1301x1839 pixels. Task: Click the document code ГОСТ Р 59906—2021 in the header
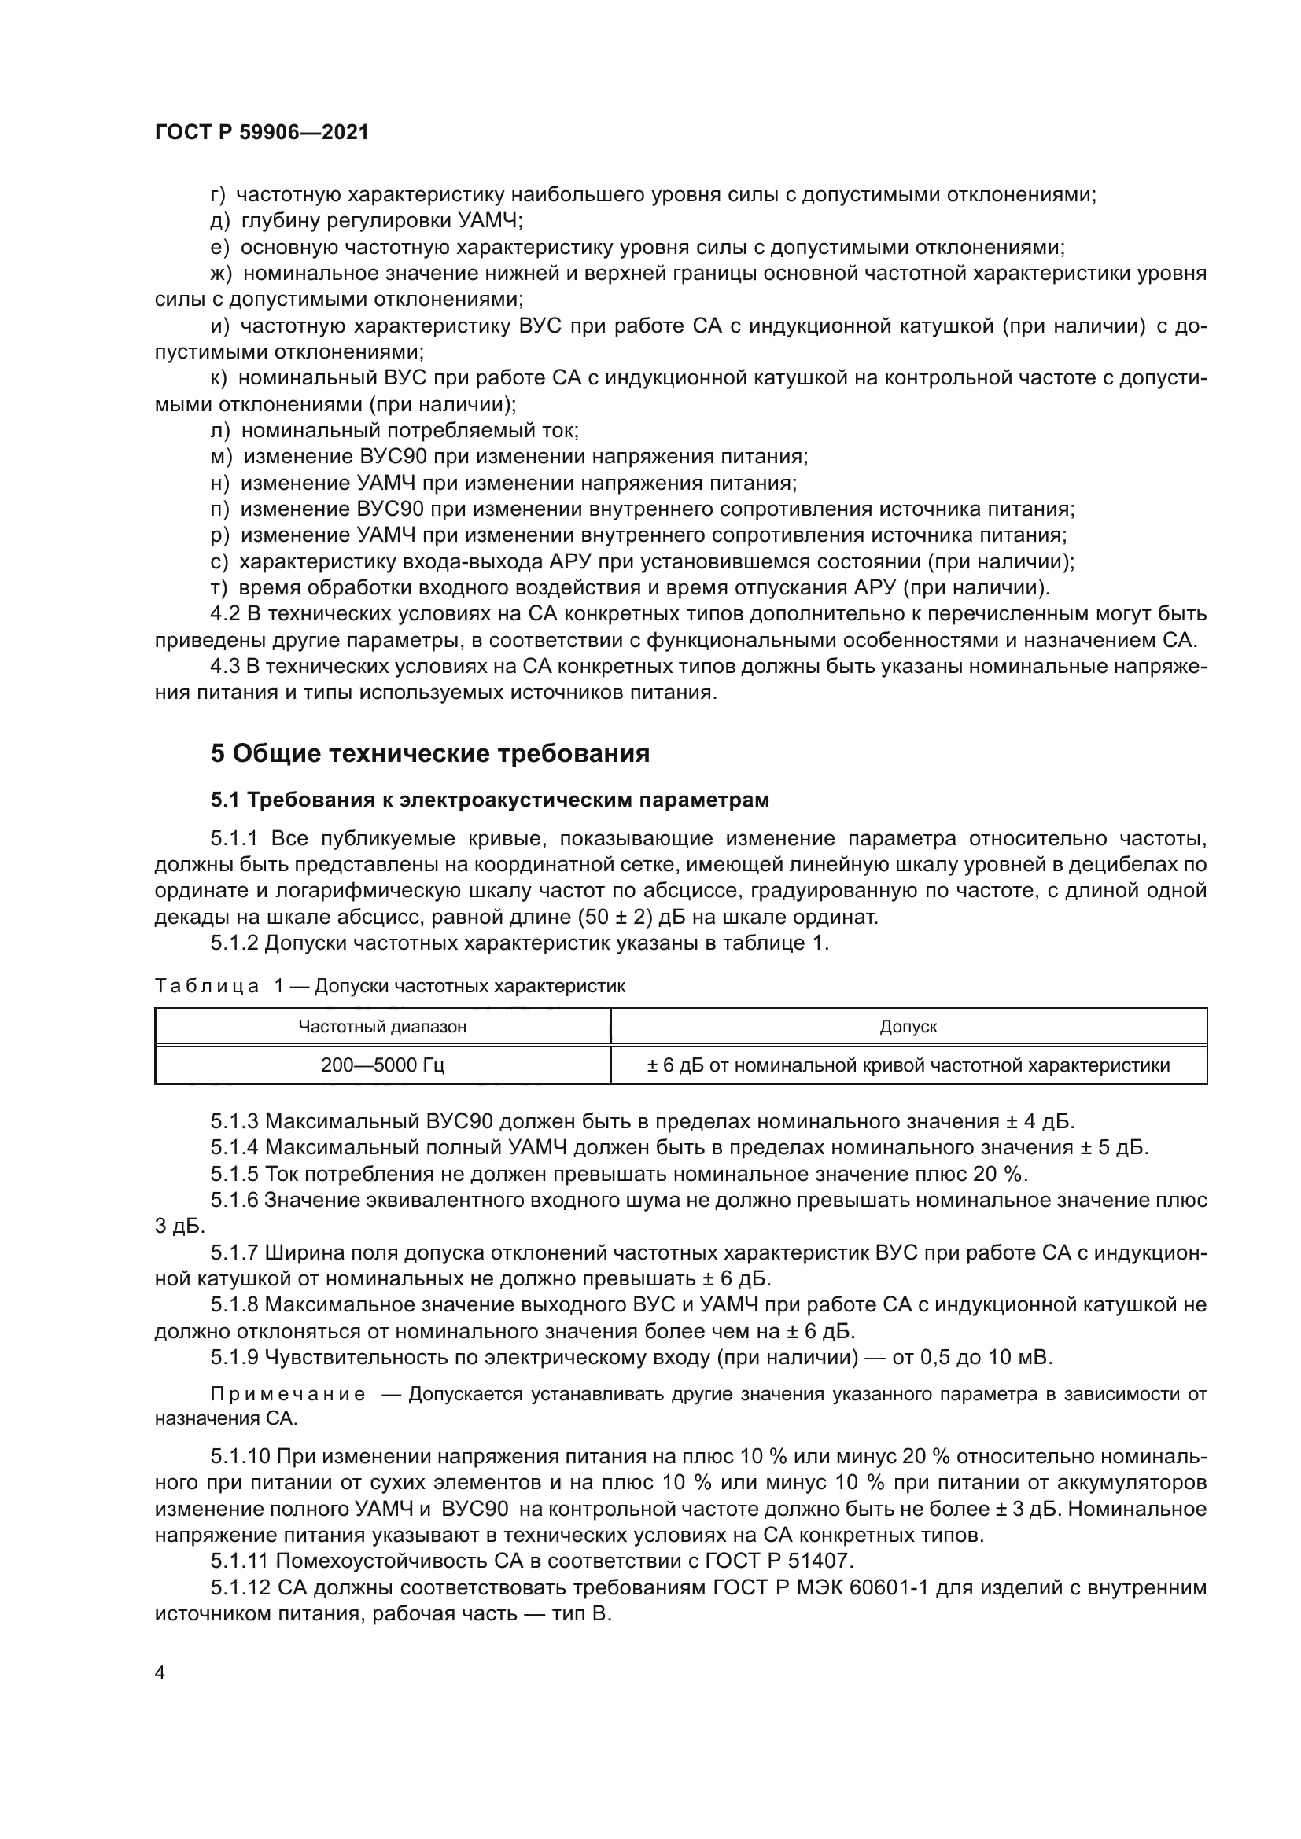click(x=261, y=133)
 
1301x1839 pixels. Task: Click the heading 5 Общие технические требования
click(x=429, y=753)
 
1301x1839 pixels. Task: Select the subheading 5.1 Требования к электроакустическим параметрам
click(x=489, y=800)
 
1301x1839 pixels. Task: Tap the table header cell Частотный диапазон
click(x=382, y=1026)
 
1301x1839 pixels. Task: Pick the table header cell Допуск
click(x=908, y=1026)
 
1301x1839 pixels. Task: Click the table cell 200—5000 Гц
click(x=382, y=1065)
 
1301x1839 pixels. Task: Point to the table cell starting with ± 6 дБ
click(x=908, y=1065)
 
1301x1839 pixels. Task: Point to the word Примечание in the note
click(x=288, y=1395)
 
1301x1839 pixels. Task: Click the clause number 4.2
click(x=224, y=614)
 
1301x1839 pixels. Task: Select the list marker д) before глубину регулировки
click(x=219, y=221)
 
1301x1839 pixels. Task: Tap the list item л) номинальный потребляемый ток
click(x=394, y=431)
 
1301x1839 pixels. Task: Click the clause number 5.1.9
click(x=234, y=1358)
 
